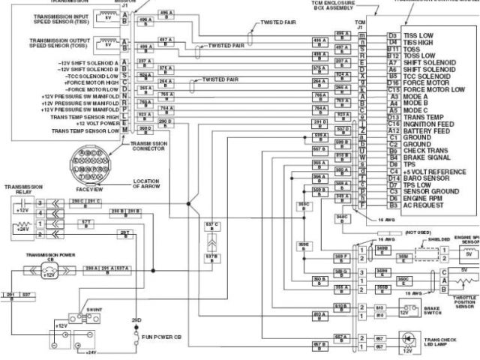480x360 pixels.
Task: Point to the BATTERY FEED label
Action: (423, 130)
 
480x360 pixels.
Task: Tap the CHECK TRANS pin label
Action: (422, 151)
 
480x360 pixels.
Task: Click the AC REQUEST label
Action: (421, 205)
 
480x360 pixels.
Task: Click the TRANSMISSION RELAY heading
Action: (23, 189)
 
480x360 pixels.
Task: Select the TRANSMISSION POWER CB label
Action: (50, 254)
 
